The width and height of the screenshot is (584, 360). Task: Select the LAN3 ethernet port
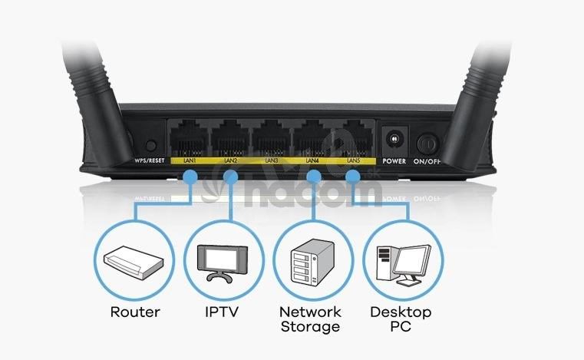[271, 138]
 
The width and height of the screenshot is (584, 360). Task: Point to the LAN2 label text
[230, 161]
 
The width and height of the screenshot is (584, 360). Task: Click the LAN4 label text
[312, 161]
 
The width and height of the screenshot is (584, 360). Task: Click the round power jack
[395, 140]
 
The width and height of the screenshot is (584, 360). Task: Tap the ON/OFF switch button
[427, 143]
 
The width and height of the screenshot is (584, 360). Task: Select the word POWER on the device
[394, 161]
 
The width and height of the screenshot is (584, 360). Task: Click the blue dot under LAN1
[190, 177]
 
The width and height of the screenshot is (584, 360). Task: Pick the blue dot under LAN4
[313, 177]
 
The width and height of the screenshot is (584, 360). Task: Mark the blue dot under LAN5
[352, 177]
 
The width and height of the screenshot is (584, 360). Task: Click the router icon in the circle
[135, 260]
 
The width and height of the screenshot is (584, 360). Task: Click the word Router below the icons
[135, 312]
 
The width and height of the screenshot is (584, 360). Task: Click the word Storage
[309, 327]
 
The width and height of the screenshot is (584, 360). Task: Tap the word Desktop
[400, 312]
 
